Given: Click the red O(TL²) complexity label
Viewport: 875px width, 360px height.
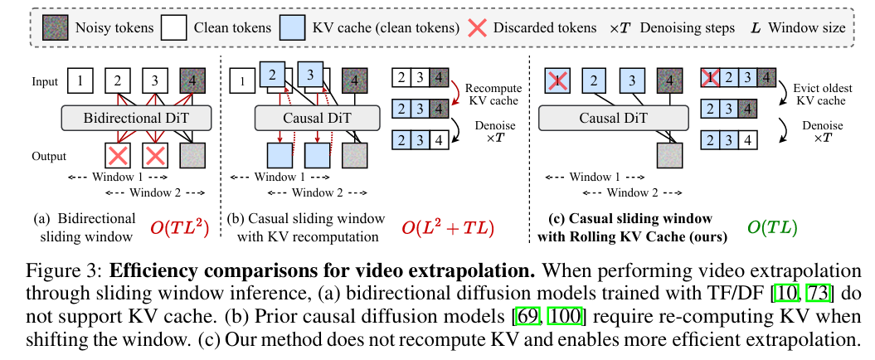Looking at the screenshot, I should coord(180,226).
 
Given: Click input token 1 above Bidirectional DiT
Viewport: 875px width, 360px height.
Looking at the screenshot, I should coord(80,81).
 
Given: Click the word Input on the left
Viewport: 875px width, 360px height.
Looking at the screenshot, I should coord(45,81).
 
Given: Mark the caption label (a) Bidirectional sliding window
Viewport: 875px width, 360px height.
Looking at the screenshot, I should coord(85,226).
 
